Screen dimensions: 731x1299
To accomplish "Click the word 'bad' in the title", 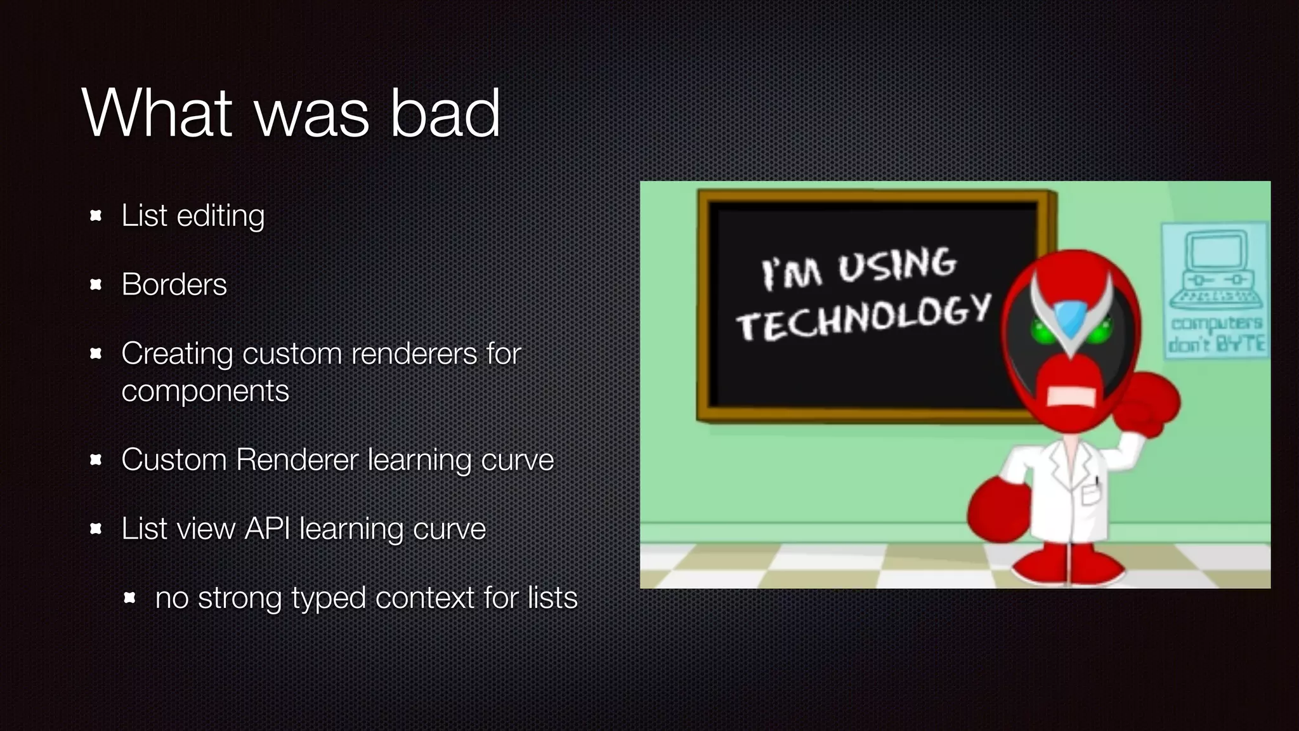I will pyautogui.click(x=445, y=114).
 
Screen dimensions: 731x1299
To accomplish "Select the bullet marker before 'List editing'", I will pyautogui.click(x=96, y=216).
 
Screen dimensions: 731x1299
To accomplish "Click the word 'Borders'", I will pyautogui.click(x=174, y=284).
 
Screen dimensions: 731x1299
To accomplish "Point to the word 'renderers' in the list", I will pyautogui.click(x=414, y=353).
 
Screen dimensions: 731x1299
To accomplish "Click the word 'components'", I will pyautogui.click(x=205, y=392).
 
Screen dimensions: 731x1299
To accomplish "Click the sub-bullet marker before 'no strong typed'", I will pyautogui.click(x=129, y=598).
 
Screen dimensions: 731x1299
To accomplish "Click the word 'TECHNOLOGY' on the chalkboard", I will pyautogui.click(x=864, y=318).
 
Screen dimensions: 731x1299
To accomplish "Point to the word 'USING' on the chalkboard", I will pyautogui.click(x=898, y=265).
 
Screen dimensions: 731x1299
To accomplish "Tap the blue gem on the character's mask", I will pyautogui.click(x=1071, y=319).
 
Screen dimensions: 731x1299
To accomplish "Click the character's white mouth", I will pyautogui.click(x=1071, y=397).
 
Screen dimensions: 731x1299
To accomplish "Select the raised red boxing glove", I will pyautogui.click(x=1146, y=404).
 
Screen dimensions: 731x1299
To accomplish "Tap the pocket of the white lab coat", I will pyautogui.click(x=1090, y=492).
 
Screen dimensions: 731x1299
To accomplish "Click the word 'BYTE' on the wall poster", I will pyautogui.click(x=1242, y=343).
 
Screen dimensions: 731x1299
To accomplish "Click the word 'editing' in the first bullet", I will pyautogui.click(x=220, y=216).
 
